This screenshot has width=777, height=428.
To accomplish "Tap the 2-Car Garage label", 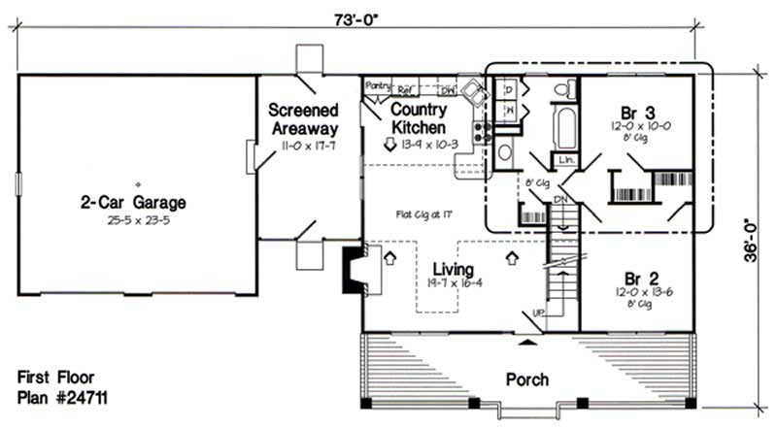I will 133,203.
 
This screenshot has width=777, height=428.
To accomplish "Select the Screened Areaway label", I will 303,119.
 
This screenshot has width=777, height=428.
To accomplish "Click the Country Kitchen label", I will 419,119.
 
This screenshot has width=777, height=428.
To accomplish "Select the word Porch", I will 526,379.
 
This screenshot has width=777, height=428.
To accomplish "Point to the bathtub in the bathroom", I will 563,128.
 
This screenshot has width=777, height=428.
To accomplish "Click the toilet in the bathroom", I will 561,90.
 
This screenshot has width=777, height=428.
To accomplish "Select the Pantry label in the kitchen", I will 377,85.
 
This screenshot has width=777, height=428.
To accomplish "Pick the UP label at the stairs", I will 537,313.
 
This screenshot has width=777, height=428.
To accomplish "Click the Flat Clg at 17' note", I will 420,214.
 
